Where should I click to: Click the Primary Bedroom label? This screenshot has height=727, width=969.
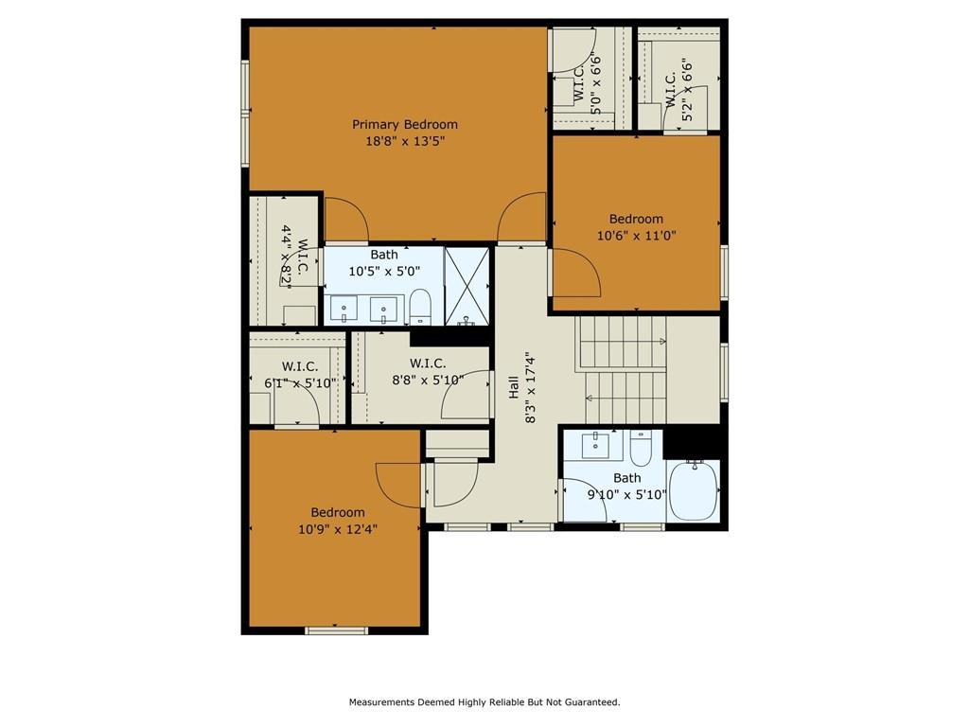point(405,124)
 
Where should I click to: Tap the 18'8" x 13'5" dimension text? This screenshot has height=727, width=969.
point(405,141)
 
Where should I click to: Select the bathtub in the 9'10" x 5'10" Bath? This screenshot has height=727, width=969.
point(694,491)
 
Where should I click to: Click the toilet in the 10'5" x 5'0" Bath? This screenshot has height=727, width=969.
point(420,306)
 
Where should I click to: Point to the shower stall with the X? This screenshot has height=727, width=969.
point(467,286)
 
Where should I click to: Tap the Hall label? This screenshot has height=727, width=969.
point(514,387)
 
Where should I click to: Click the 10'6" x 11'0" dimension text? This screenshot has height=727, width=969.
point(637,236)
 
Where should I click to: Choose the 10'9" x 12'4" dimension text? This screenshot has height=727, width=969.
point(338,529)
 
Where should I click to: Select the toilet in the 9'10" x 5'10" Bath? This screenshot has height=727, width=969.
point(641,448)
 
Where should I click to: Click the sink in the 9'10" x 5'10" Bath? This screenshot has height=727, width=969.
point(596,445)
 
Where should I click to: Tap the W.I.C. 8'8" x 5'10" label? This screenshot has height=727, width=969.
point(428,371)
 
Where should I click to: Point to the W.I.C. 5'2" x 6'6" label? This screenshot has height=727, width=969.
point(678,90)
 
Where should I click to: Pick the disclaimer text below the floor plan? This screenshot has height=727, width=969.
point(484,702)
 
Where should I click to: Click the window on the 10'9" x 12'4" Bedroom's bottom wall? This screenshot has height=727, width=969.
point(336,630)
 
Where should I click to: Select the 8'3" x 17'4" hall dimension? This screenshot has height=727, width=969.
point(530,387)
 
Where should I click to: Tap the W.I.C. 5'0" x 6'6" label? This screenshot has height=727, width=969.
point(588,84)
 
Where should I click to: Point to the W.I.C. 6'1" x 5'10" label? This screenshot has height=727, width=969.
point(300,375)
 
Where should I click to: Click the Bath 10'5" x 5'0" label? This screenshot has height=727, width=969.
point(384,263)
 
